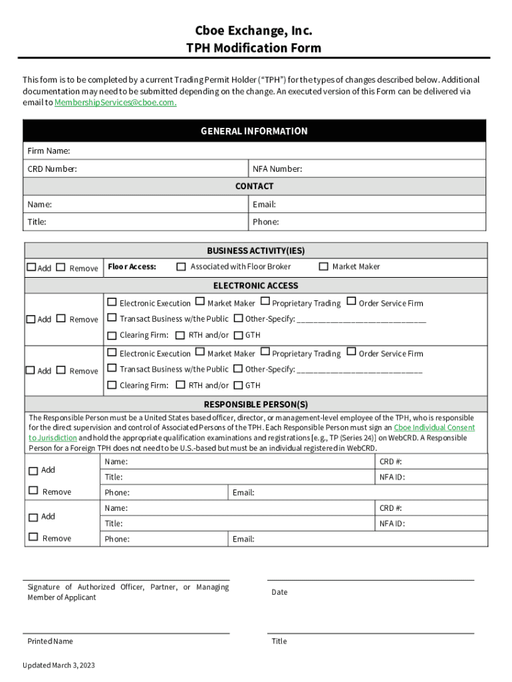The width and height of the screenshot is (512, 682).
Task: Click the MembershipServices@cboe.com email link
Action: [x=115, y=103]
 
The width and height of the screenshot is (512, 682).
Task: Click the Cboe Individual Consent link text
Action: [x=434, y=428]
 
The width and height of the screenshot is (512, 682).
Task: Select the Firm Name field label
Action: [x=49, y=151]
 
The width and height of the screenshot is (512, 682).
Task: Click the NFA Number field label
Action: [x=277, y=169]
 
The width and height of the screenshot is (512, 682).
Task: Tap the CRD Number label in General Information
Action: [x=52, y=169]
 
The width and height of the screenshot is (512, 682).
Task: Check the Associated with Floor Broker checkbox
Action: [x=181, y=267]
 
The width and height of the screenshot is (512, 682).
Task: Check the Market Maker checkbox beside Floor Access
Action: [x=324, y=267]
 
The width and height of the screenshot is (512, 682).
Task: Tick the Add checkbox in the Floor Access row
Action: [x=31, y=268]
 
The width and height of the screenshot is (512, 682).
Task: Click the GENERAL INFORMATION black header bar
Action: [x=254, y=131]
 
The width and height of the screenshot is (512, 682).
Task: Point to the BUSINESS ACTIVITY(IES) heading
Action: [x=255, y=251]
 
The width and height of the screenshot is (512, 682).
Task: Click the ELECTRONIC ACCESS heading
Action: [x=255, y=286]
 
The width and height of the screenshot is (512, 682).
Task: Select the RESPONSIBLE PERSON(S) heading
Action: [x=255, y=404]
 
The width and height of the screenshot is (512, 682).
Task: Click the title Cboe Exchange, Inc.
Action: [x=253, y=31]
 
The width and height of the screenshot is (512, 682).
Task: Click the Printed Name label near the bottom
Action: [x=50, y=641]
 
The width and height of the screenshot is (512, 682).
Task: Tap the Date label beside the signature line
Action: [x=279, y=592]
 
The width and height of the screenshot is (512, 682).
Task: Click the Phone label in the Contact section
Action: [x=265, y=222]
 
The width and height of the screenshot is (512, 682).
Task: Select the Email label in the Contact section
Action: [x=264, y=204]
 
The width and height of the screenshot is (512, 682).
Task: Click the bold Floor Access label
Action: [x=132, y=267]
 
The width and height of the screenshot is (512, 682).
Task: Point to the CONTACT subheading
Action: [x=254, y=186]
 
